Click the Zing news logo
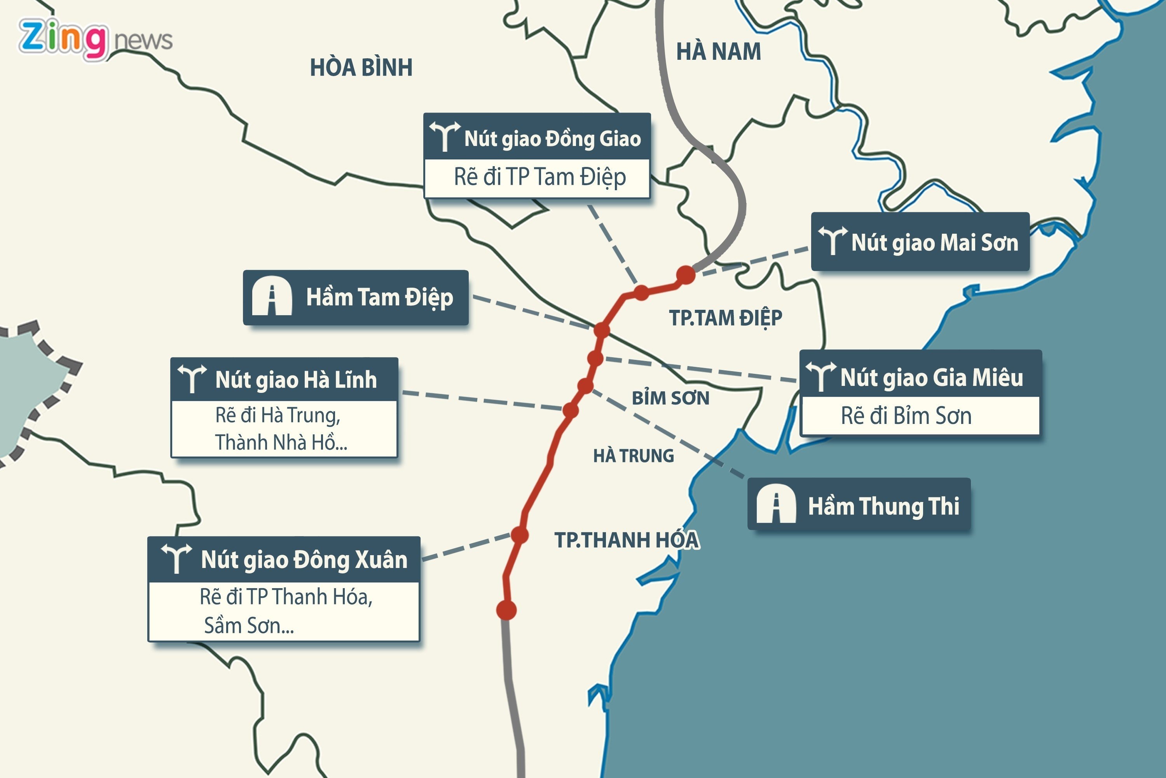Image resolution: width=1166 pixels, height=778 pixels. tap(95, 40)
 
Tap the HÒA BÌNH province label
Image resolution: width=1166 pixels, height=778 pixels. tap(361, 68)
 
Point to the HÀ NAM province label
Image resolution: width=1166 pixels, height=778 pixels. tap(718, 52)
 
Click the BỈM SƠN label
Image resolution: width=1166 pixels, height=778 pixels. tap(670, 398)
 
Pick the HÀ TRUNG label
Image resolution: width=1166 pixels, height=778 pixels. tap(633, 455)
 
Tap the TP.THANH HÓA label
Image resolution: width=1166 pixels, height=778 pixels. tap(627, 540)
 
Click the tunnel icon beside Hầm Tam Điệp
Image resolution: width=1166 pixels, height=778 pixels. tap(272, 296)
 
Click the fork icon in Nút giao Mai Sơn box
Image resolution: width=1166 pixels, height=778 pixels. tap(832, 240)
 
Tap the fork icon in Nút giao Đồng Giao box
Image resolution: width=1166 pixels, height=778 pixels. tap(445, 135)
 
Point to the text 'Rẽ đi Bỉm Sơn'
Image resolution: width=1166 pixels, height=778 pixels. tap(906, 416)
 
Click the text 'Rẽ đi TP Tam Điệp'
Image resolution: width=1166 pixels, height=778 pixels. tap(539, 177)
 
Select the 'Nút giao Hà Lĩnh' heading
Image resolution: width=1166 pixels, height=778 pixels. tap(296, 380)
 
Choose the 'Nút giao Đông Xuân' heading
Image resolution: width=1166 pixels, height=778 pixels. tap(304, 560)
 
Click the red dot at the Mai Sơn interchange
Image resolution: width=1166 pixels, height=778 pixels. tap(685, 274)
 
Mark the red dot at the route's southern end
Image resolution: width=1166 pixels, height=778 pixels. tap(506, 610)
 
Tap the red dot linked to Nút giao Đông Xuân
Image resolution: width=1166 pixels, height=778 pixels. tap(519, 535)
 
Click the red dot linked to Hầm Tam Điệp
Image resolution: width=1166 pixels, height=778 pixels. tap(601, 330)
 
